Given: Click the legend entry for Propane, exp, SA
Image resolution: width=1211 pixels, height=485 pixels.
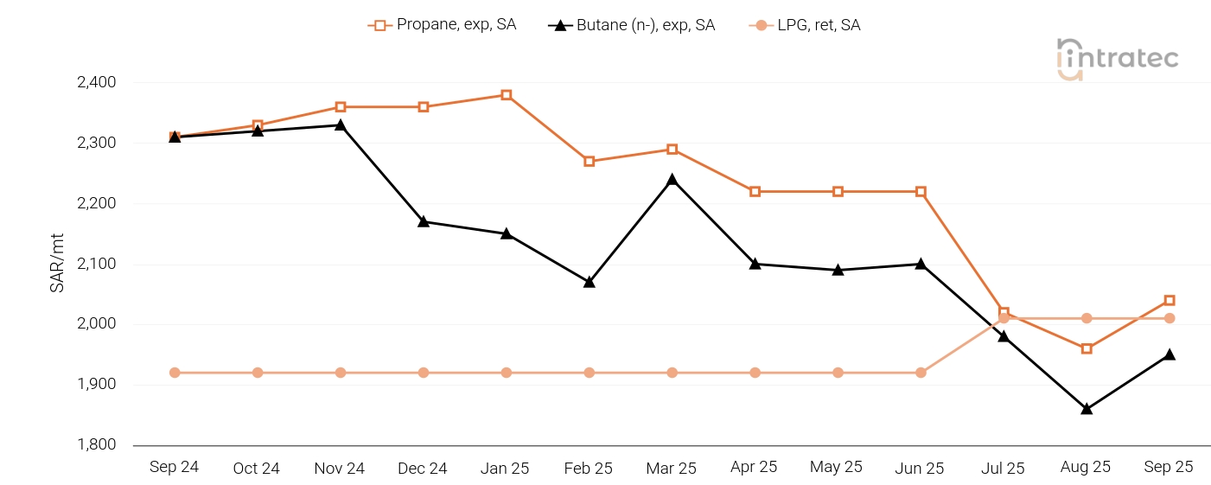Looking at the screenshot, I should pos(443,25).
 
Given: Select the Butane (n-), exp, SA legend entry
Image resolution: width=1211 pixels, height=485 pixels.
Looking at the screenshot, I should pos(632,25).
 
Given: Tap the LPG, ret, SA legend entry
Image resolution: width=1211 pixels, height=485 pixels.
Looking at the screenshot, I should pos(805,25).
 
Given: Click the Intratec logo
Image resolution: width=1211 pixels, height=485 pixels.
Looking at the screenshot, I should pos(1117,59).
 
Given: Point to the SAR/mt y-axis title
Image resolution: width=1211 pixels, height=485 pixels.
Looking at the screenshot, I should pos(57,264).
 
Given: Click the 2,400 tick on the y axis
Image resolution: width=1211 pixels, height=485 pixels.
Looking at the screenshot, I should pos(96,83).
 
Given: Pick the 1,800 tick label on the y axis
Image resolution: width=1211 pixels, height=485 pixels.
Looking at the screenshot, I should pos(96,445).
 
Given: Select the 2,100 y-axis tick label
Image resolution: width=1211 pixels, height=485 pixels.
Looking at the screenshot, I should pos(96,264).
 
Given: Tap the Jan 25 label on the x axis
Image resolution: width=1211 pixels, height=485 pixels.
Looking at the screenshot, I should pos(505,468).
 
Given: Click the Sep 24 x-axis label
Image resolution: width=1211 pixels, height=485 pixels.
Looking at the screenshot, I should pos(174,467).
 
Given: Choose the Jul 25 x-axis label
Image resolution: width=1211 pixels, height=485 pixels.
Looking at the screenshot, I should pos(1003,468).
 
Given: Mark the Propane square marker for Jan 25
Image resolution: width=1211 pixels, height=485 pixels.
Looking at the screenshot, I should pos(507,95).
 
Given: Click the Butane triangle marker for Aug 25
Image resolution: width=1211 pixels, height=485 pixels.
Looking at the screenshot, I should pos(1087,409).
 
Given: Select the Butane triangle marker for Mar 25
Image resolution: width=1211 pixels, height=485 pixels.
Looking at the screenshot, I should pos(672,180).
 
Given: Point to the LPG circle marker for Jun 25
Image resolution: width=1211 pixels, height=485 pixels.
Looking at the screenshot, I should pos(921,373).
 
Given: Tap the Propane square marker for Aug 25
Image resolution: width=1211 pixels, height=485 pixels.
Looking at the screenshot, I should pos(1087,348).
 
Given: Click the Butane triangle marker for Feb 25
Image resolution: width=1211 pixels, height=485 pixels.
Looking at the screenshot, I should pos(590,282).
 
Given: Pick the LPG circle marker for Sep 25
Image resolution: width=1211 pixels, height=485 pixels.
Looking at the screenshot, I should pos(1170,318).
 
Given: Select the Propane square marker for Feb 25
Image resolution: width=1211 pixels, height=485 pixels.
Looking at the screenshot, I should pos(590,162).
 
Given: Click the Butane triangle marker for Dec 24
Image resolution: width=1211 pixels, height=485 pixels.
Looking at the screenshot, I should pos(424,221).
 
